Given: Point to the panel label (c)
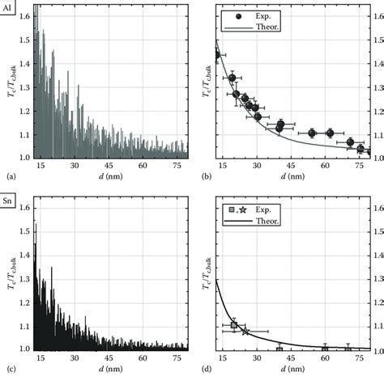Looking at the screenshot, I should tap(9, 369).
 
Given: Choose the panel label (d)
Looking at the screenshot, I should tap(201, 369).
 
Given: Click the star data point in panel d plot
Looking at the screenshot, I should tap(245, 332).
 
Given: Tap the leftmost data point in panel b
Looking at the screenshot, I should tap(216, 55).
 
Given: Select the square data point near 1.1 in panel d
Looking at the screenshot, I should tap(234, 325).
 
